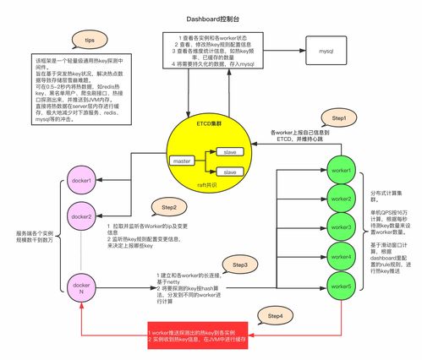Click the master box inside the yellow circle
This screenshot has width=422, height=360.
click(x=181, y=160)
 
